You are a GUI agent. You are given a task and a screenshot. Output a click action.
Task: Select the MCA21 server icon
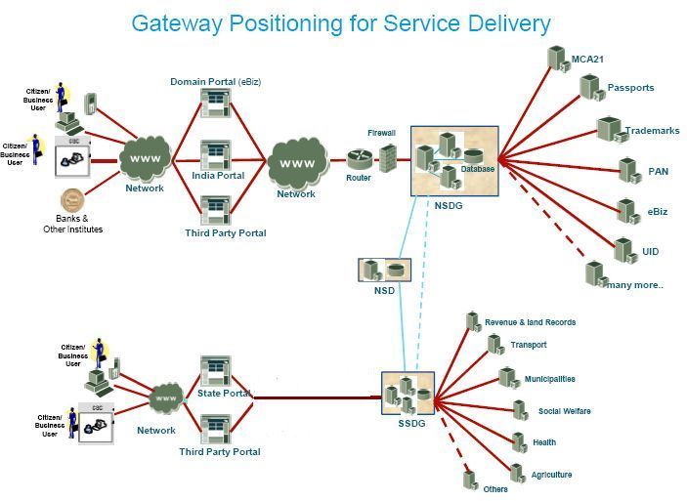[557, 58]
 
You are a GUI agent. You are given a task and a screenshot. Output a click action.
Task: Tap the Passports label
[630, 88]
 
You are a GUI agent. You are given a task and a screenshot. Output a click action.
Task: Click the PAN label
[658, 172]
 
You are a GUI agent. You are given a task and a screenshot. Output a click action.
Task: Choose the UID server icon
[623, 249]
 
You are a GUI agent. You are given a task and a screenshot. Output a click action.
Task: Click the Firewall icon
[388, 158]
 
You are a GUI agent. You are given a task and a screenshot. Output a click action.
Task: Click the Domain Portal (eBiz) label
[215, 81]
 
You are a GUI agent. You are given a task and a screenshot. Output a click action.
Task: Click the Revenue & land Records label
[530, 322]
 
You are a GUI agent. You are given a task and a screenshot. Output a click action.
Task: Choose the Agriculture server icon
[517, 474]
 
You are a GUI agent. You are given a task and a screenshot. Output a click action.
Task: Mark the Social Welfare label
[564, 411]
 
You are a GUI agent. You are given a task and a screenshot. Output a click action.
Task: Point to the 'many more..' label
[635, 285]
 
